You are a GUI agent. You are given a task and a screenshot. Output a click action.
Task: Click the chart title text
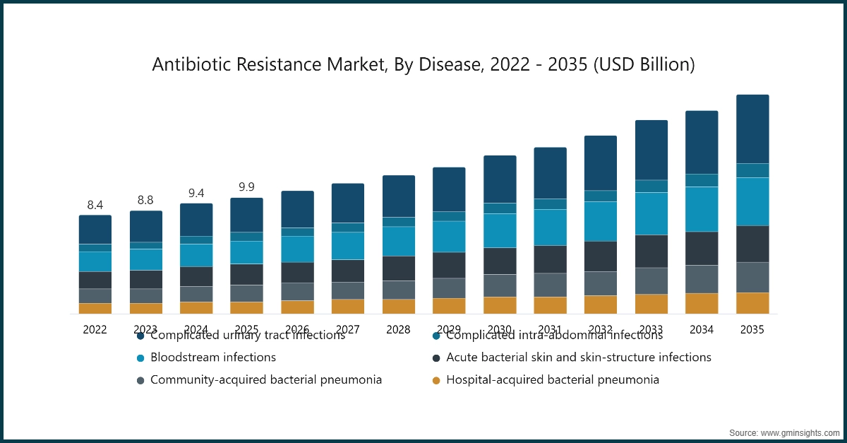pyautogui.click(x=423, y=65)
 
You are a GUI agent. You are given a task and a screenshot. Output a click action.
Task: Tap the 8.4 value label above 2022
pyautogui.click(x=95, y=205)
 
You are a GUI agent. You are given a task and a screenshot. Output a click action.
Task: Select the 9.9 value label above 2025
pyautogui.click(x=246, y=187)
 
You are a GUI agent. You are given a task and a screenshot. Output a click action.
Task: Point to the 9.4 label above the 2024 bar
pyautogui.click(x=196, y=193)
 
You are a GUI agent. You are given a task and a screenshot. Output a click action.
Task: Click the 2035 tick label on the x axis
pyautogui.click(x=752, y=329)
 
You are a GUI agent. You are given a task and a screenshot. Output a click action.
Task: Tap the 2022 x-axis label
pyautogui.click(x=95, y=329)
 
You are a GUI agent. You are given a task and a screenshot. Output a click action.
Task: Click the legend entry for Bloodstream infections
pyautogui.click(x=212, y=358)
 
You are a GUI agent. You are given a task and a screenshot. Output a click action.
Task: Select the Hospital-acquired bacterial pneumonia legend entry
pyautogui.click(x=553, y=380)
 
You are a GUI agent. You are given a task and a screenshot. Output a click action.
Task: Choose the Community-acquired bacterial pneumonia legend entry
pyautogui.click(x=265, y=380)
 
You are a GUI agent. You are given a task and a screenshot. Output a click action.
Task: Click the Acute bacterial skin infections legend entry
pyautogui.click(x=578, y=358)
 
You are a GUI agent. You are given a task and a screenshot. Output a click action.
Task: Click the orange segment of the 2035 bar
pyautogui.click(x=752, y=303)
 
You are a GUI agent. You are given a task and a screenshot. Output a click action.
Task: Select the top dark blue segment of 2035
pyautogui.click(x=752, y=129)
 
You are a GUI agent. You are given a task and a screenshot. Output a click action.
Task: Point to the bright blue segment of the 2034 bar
pyautogui.click(x=702, y=209)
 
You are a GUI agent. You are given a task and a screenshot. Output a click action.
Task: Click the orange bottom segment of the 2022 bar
pyautogui.click(x=95, y=309)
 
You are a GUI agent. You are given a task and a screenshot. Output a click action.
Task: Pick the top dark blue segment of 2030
pyautogui.click(x=500, y=179)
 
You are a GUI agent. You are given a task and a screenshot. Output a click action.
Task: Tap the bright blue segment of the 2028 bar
pyautogui.click(x=399, y=241)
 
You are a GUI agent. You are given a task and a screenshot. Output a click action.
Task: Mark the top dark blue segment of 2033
pyautogui.click(x=651, y=150)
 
